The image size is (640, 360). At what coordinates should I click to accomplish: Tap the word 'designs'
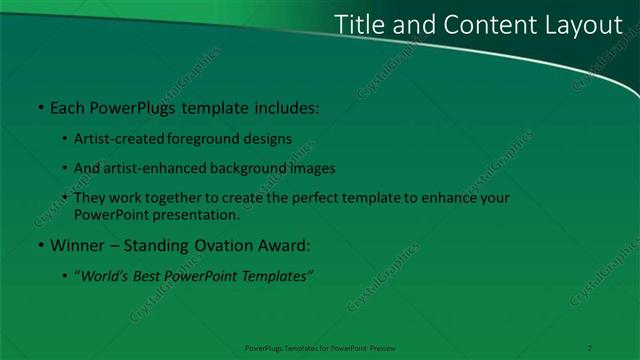[x=267, y=138]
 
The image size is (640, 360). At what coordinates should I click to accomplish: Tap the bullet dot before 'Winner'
[x=39, y=245]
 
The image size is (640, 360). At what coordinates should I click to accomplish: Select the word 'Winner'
[x=73, y=245]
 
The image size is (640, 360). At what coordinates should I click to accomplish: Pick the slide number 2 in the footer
[x=591, y=347]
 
